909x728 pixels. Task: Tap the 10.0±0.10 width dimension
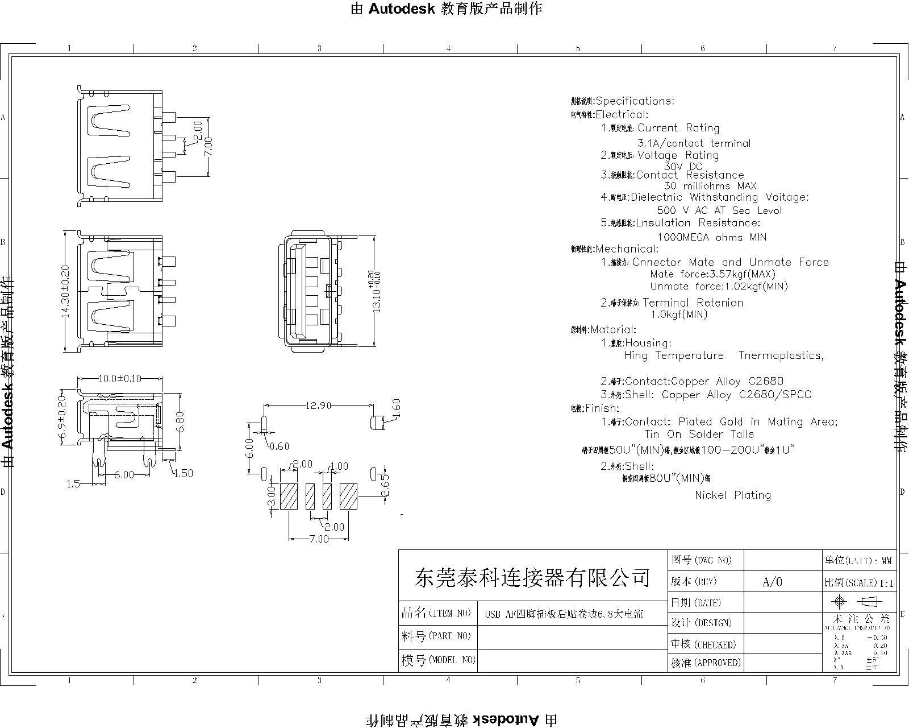tap(119, 378)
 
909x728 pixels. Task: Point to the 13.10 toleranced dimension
tap(376, 292)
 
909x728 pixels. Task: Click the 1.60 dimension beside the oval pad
tap(397, 408)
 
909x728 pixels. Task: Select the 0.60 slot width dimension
tap(279, 446)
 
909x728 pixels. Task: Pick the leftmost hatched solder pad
tap(289, 497)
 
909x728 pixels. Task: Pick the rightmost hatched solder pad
tap(348, 497)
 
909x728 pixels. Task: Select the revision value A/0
tap(772, 582)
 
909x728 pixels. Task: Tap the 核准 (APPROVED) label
tap(706, 663)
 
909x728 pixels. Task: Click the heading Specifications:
tap(635, 101)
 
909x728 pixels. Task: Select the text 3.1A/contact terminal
tap(694, 143)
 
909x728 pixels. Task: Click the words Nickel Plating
tap(733, 495)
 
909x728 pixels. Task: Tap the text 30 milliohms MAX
tap(710, 186)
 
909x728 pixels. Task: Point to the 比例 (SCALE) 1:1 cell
tap(858, 583)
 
